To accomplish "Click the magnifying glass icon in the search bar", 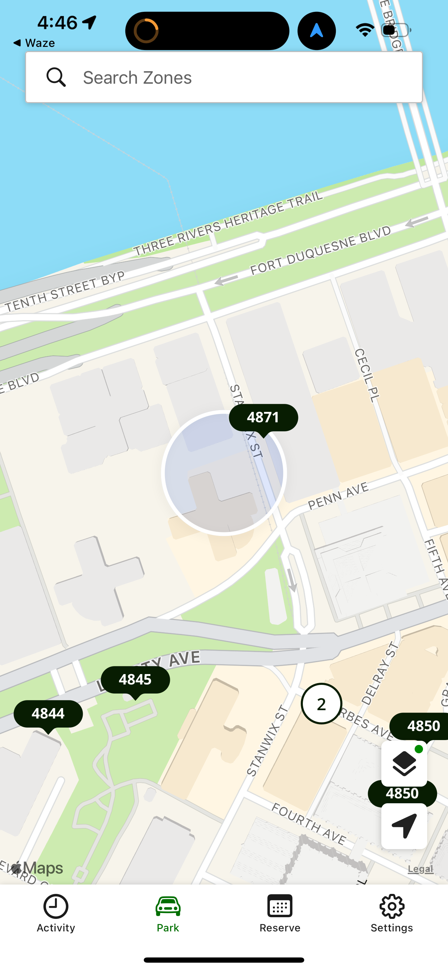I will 56,77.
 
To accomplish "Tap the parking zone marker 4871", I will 263,418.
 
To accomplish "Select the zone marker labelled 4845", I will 135,680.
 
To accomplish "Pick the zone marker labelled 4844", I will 48,714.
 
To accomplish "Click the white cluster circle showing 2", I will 321,704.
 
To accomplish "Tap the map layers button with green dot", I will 404,763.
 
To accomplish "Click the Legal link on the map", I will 420,869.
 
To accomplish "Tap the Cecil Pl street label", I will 366,375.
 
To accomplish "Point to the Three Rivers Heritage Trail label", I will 228,224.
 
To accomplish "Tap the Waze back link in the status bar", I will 34,43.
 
